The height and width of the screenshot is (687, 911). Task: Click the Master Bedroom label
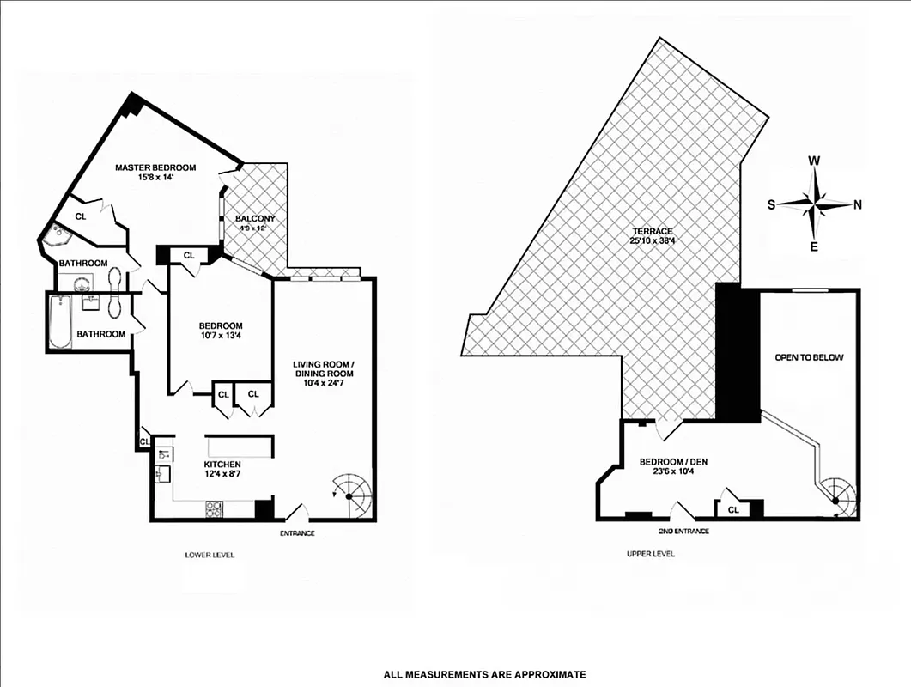pyautogui.click(x=155, y=167)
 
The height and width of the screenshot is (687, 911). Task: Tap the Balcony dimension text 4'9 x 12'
pyautogui.click(x=255, y=229)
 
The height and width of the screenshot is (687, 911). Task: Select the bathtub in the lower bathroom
pyautogui.click(x=60, y=322)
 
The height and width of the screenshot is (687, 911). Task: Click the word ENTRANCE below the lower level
pyautogui.click(x=297, y=533)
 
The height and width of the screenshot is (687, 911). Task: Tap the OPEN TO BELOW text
pyautogui.click(x=808, y=357)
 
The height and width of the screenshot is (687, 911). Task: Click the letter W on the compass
pyautogui.click(x=815, y=161)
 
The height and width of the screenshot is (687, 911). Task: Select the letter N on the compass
pyautogui.click(x=857, y=204)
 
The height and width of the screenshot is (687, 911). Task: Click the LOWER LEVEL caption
pyautogui.click(x=210, y=555)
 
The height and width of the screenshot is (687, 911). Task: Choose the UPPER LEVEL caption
pyautogui.click(x=650, y=554)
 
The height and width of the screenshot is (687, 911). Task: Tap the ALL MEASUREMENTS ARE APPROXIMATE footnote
pyautogui.click(x=484, y=674)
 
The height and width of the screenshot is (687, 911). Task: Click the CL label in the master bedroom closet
pyautogui.click(x=81, y=217)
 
